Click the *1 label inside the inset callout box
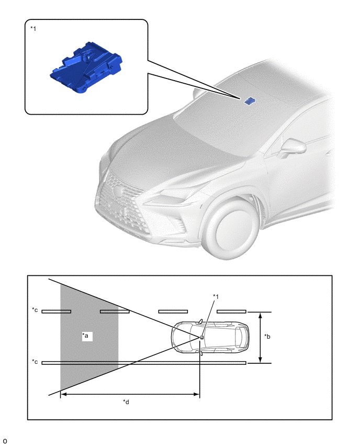tap(33, 29)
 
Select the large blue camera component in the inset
tap(86, 67)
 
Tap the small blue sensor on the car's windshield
tap(250, 101)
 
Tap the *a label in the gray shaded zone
tap(85, 336)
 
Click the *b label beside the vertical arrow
tap(267, 337)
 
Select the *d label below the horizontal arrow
tap(126, 402)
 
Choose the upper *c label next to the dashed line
tap(35, 310)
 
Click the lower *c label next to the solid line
tap(35, 362)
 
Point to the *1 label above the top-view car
tap(216, 297)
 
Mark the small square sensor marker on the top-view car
tap(201, 337)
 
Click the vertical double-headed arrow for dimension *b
tap(260, 337)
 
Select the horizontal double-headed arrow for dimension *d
tap(130, 394)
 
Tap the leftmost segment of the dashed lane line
tap(57, 311)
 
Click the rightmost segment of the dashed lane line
tap(231, 311)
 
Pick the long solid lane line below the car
tap(144, 363)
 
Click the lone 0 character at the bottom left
tap(5, 441)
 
